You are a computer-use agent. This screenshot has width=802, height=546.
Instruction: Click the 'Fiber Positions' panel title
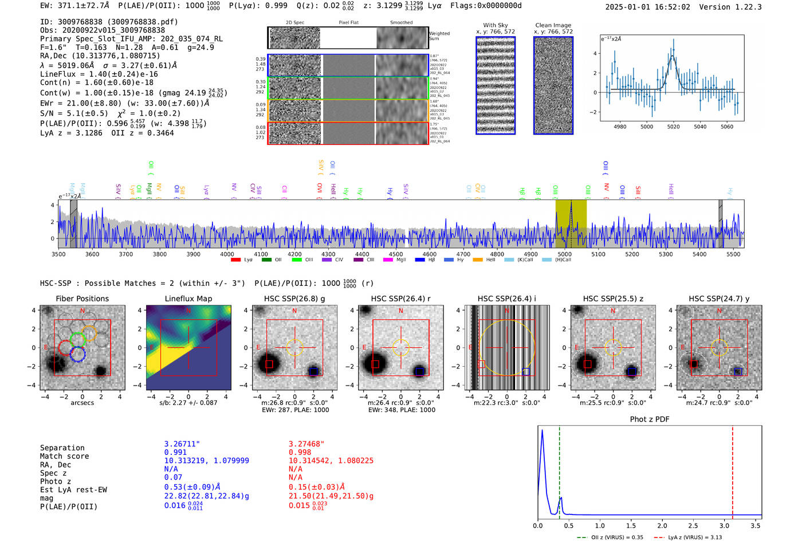[x=82, y=298]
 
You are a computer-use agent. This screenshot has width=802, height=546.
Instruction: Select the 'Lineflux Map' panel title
[x=188, y=298]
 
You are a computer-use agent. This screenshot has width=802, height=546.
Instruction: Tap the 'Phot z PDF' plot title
[x=650, y=419]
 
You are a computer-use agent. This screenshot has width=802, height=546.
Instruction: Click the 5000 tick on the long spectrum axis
[x=564, y=254]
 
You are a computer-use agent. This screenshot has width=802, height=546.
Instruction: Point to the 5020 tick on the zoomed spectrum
[x=673, y=127]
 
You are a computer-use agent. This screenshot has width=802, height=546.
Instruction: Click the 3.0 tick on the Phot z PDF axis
[x=724, y=525]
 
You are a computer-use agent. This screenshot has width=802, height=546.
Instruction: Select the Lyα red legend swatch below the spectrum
[x=235, y=260]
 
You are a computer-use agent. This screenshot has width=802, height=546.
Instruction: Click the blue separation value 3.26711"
[x=182, y=444]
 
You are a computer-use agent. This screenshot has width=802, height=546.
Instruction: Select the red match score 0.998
[x=300, y=452]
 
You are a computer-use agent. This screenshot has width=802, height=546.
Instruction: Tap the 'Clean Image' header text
[x=553, y=25]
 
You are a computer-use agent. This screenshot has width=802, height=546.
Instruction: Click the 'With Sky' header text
[x=495, y=25]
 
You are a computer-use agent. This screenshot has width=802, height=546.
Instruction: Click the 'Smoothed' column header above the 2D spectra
[x=401, y=23]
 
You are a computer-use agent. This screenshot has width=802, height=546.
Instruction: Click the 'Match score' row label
[x=64, y=456]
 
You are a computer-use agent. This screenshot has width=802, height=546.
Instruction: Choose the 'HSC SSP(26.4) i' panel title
[x=506, y=298]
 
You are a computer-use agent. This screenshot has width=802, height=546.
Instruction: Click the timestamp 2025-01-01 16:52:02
[x=647, y=7]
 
